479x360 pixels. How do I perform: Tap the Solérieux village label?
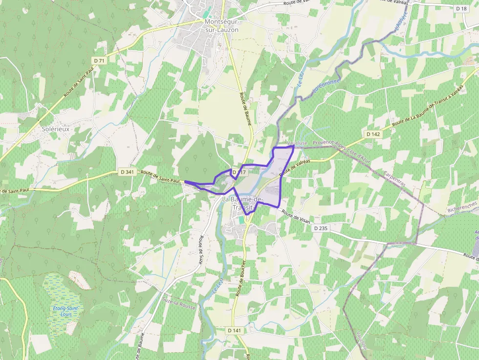click(x=55, y=129)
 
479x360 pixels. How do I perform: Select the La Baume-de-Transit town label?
click(x=242, y=203)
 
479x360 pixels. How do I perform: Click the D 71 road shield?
click(x=99, y=61)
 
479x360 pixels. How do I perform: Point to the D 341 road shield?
click(x=127, y=172)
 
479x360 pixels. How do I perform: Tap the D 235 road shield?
click(x=321, y=228)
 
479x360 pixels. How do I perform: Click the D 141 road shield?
click(x=234, y=331)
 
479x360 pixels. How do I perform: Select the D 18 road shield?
click(x=461, y=9)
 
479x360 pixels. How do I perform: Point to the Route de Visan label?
click(x=296, y=215)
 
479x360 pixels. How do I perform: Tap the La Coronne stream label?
click(x=326, y=86)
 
